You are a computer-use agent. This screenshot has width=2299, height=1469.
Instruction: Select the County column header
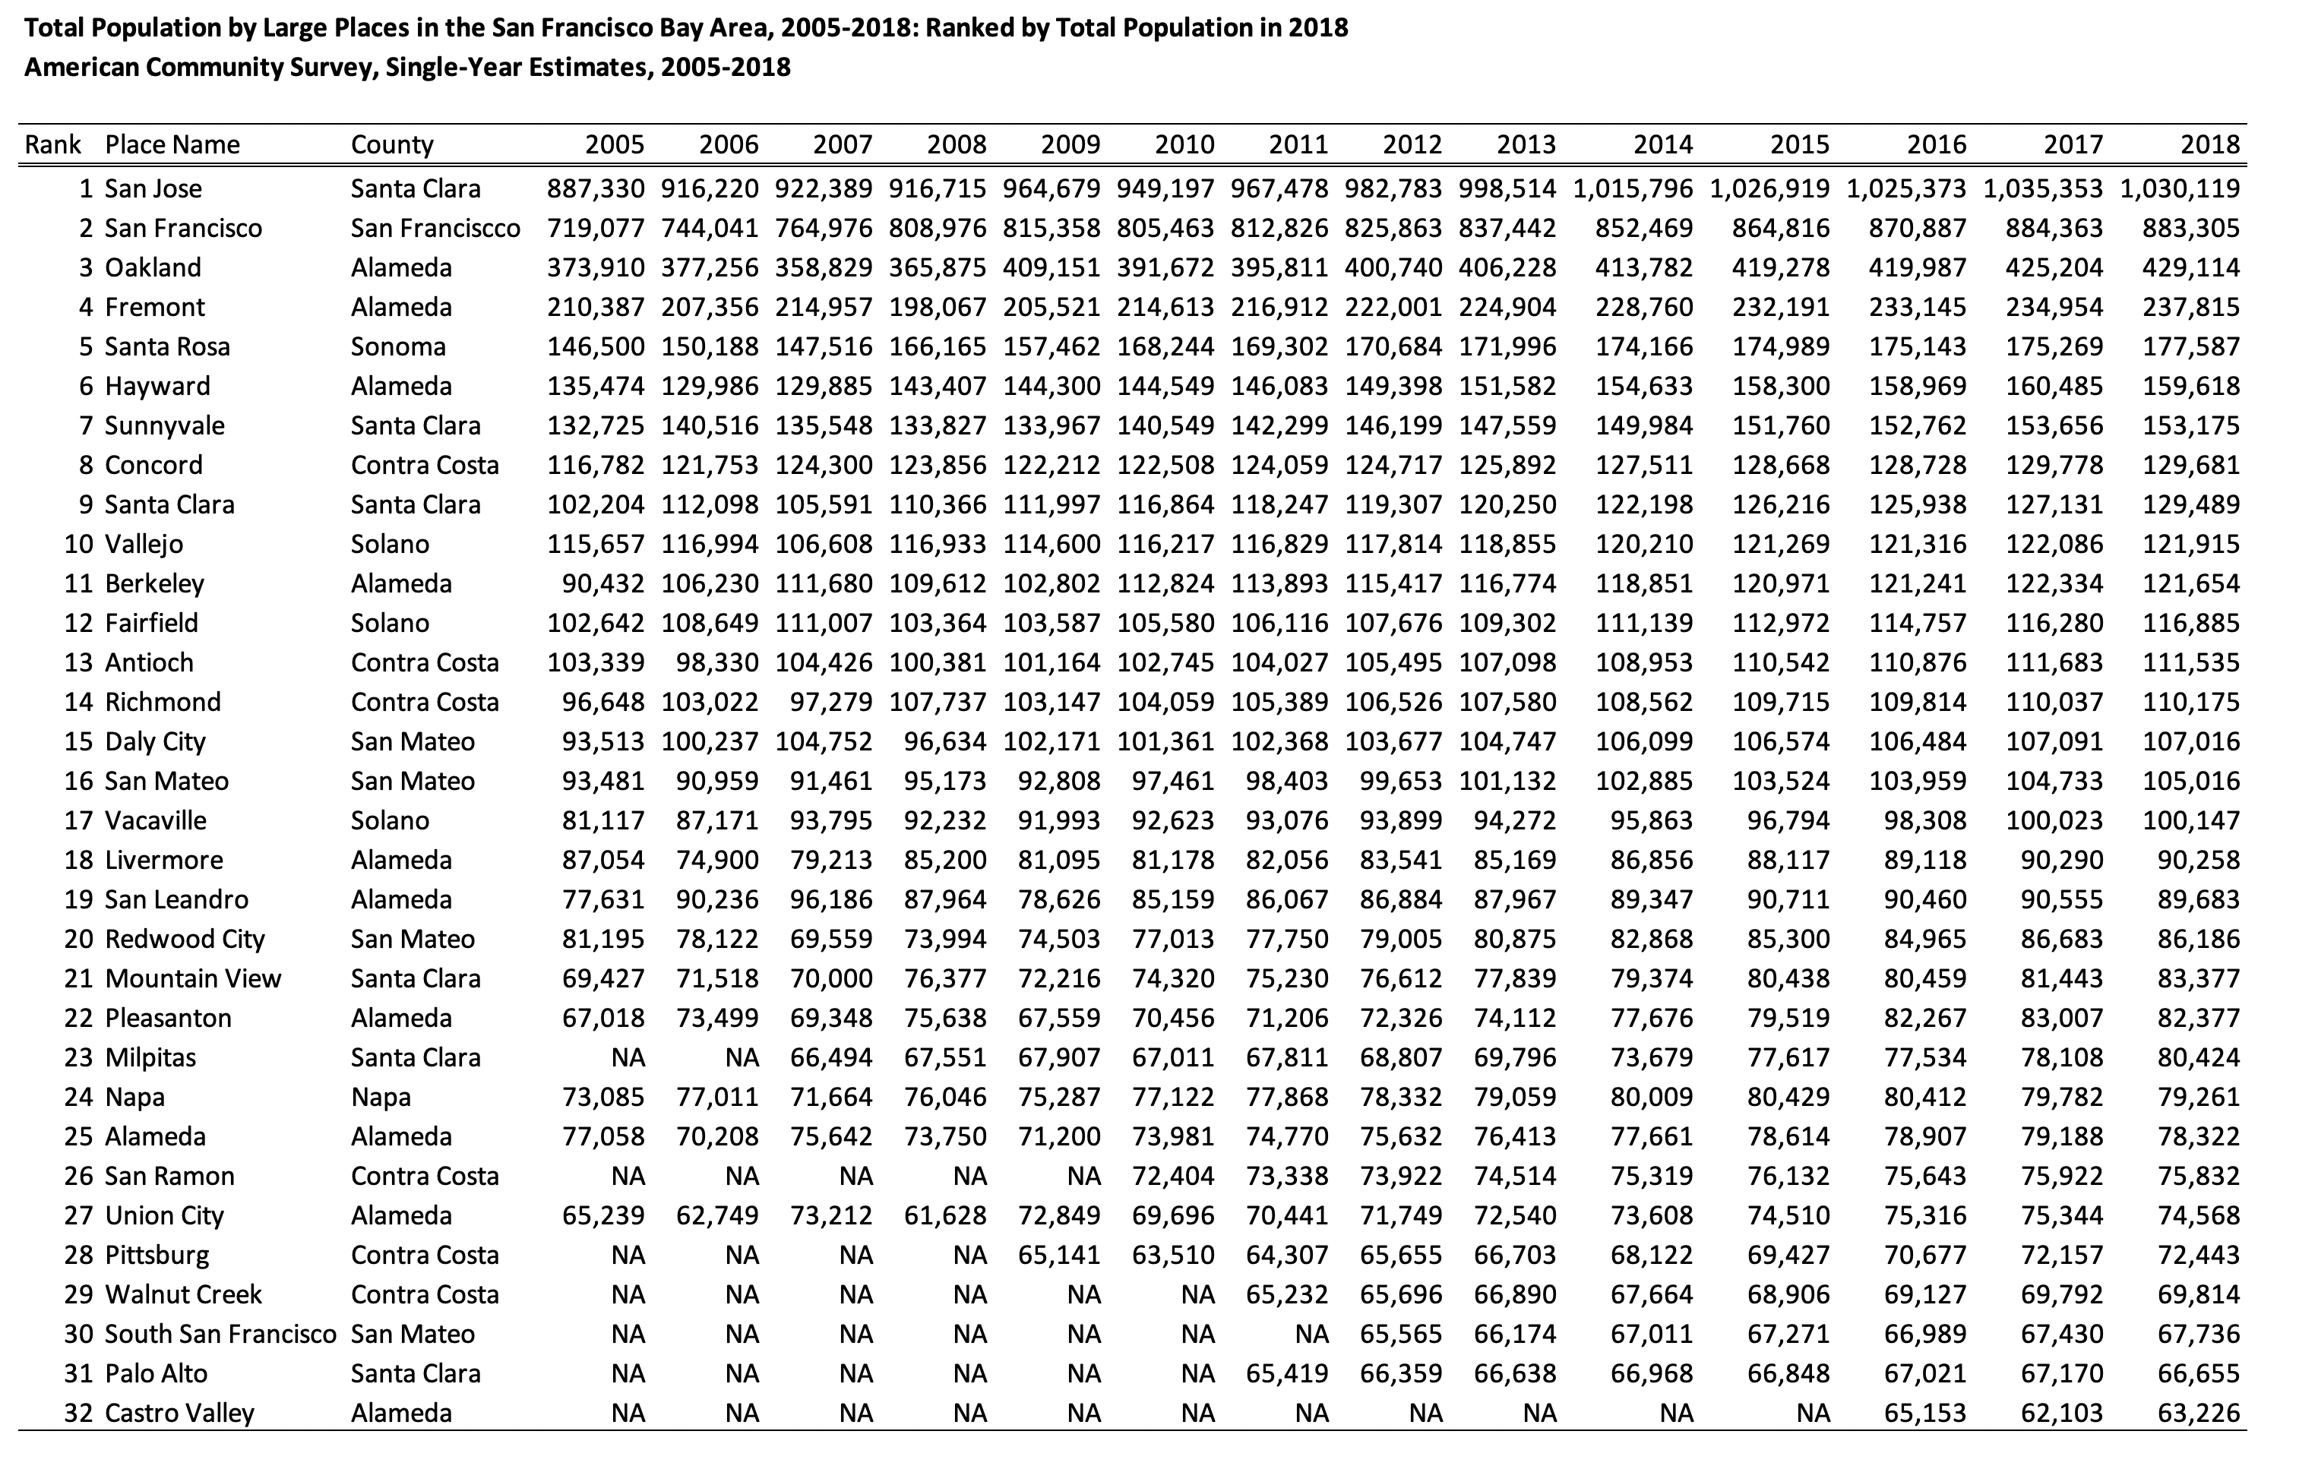click(391, 145)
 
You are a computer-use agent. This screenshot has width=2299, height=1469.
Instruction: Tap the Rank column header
click(52, 145)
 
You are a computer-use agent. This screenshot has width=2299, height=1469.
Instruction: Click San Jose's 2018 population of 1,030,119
click(2180, 189)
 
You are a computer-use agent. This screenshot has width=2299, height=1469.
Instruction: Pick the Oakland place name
click(153, 267)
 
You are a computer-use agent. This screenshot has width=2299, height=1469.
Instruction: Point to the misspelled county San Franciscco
click(435, 228)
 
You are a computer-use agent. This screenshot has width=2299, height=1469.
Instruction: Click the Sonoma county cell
click(398, 346)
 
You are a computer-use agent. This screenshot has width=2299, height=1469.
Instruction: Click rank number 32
click(78, 1413)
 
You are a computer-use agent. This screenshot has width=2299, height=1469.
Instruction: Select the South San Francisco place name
click(220, 1334)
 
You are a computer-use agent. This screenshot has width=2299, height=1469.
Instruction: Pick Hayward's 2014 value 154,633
click(1644, 387)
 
